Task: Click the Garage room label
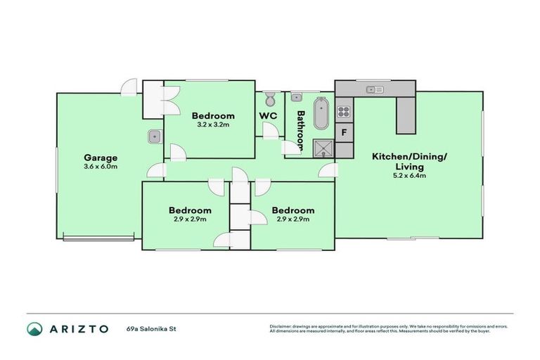(x=101, y=157)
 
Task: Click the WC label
(x=268, y=115)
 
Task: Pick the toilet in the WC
(x=270, y=100)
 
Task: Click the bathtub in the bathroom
(x=321, y=114)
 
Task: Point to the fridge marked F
(x=344, y=132)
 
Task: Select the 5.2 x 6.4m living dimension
(x=409, y=176)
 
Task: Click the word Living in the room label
(x=409, y=167)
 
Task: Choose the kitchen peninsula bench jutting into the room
(x=406, y=115)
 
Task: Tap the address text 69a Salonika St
(x=150, y=328)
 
